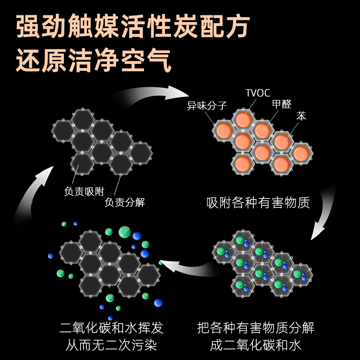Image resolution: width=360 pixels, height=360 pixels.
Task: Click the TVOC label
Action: (x=257, y=93)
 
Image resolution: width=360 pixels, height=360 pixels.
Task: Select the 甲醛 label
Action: (x=282, y=104)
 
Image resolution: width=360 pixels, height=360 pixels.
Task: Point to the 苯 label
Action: (x=301, y=116)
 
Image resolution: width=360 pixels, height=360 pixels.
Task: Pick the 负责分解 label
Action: (x=125, y=202)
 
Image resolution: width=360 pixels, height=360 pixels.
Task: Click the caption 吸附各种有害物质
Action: (x=258, y=202)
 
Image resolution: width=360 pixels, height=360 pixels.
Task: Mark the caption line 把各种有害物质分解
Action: (x=256, y=328)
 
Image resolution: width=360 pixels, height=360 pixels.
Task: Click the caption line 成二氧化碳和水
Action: (x=256, y=346)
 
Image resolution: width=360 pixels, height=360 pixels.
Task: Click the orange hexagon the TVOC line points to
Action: (x=243, y=120)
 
